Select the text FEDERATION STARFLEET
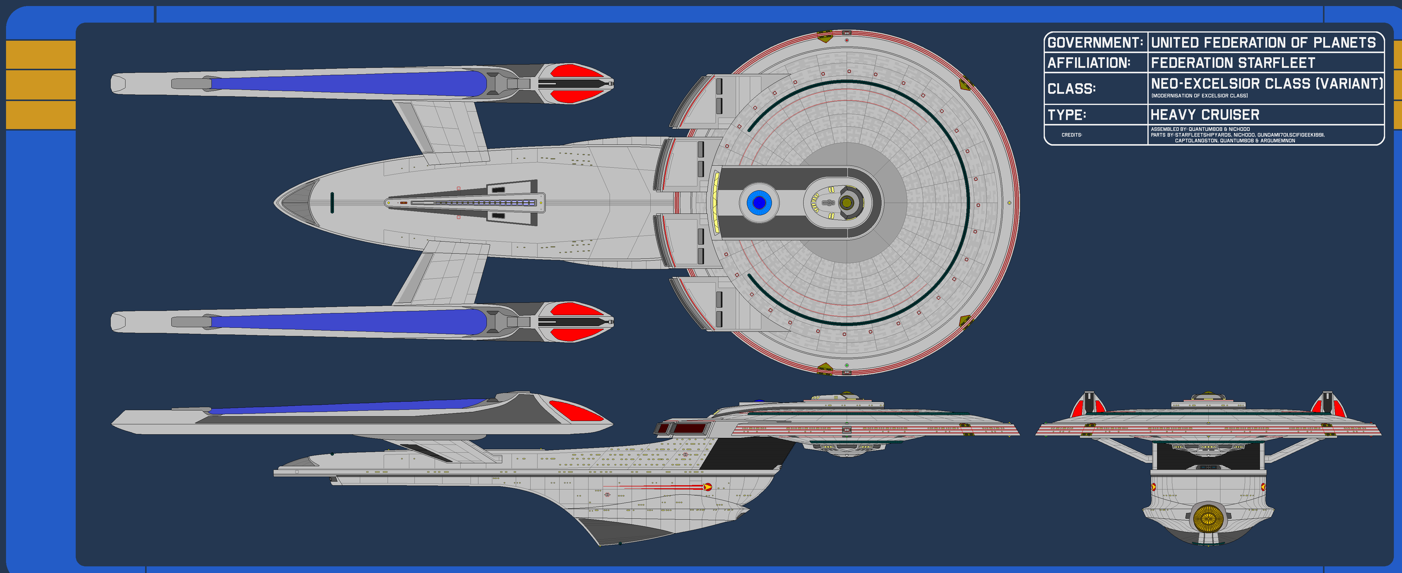(x=1233, y=63)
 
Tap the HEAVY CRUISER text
(x=1205, y=115)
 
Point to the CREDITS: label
(x=1072, y=135)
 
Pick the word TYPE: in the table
(x=1066, y=115)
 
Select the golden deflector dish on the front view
(x=1208, y=518)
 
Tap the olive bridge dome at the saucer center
(x=846, y=203)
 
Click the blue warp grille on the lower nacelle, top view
(x=348, y=321)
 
